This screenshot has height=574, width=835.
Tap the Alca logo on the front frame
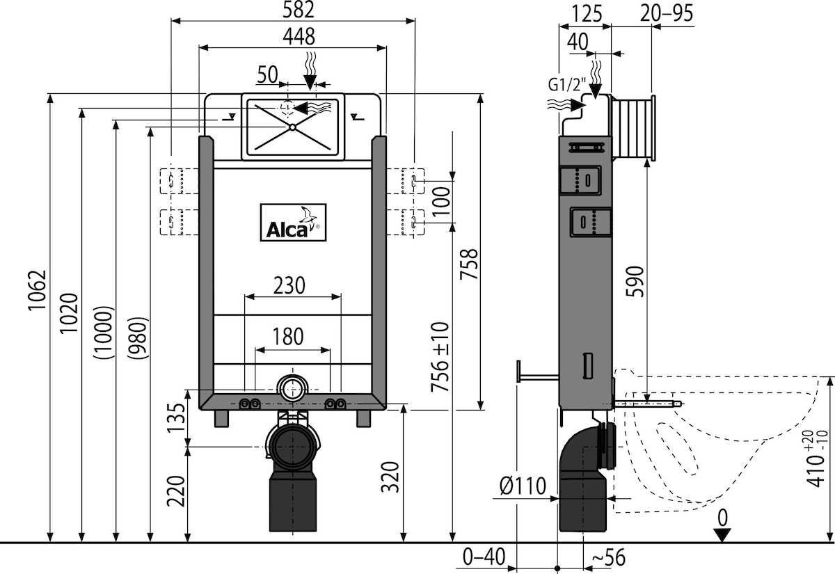click(x=292, y=223)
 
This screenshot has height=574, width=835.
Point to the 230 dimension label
click(x=288, y=285)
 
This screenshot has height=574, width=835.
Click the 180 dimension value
click(x=288, y=337)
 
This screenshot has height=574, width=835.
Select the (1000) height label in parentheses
click(x=104, y=333)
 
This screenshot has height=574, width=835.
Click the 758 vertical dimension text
click(x=470, y=264)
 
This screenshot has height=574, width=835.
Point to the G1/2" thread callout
click(x=564, y=86)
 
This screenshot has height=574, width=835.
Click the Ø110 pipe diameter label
click(x=521, y=486)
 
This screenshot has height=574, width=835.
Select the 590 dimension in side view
click(x=636, y=282)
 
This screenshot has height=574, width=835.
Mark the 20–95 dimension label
click(x=667, y=14)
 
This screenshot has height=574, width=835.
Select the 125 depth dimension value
click(x=585, y=14)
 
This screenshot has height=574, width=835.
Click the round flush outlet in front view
click(x=293, y=388)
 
